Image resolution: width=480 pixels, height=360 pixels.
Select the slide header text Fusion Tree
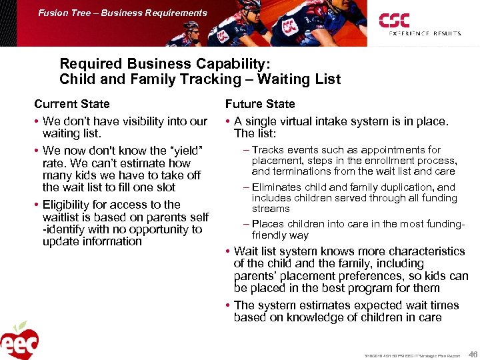(x=61, y=13)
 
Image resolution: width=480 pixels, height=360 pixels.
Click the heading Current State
(x=72, y=104)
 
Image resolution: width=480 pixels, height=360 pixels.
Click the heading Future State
(x=260, y=104)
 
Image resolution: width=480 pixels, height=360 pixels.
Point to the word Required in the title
(x=87, y=64)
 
